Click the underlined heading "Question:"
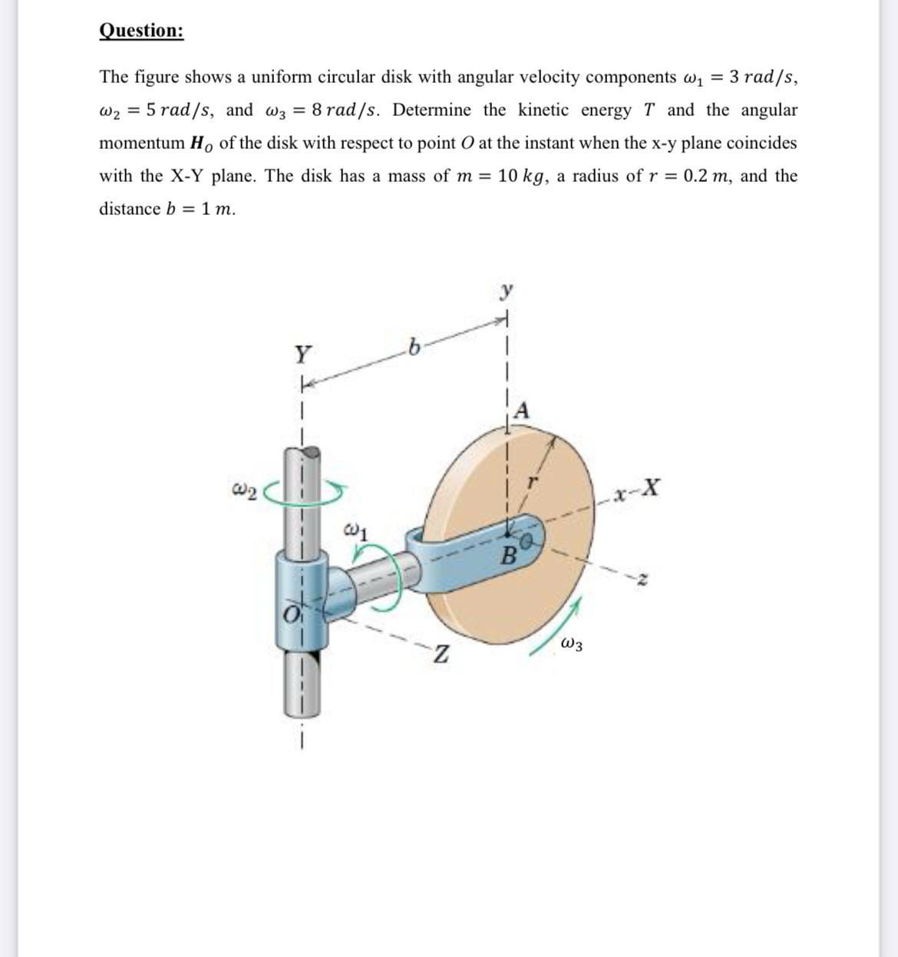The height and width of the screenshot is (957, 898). (x=141, y=31)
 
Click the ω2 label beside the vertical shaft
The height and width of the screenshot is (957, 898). (x=246, y=488)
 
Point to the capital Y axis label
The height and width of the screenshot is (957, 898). (x=304, y=355)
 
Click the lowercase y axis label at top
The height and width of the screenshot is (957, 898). (x=506, y=292)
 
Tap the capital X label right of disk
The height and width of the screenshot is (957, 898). (x=650, y=487)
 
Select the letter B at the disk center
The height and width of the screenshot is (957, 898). (x=507, y=555)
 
